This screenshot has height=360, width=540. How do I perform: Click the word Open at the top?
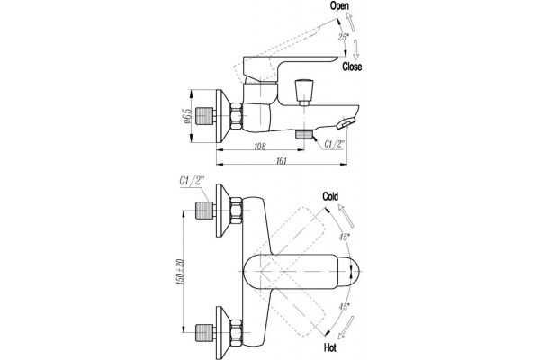[339, 6]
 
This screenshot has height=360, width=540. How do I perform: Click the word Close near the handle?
[352, 67]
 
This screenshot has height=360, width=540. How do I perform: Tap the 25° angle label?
[343, 37]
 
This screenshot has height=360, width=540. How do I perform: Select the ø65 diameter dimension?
[187, 116]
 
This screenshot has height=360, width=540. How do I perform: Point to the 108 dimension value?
[260, 147]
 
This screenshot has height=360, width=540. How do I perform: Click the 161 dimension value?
[282, 161]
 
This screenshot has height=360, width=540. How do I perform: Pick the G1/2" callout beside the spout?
[334, 144]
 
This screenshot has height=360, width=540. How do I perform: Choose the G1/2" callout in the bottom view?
[192, 181]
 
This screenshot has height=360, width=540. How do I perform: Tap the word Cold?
[330, 196]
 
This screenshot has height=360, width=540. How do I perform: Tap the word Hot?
[330, 347]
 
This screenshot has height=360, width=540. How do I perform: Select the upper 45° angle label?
[344, 237]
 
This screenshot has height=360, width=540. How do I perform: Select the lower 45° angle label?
[344, 306]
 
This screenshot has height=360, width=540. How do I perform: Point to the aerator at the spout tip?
[346, 123]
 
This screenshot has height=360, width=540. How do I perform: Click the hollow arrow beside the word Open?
[350, 22]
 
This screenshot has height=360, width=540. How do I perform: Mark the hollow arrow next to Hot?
[346, 328]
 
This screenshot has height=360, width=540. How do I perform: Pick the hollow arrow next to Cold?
[346, 215]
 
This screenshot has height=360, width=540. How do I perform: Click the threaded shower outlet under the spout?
[304, 134]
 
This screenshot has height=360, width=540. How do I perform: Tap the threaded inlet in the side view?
[204, 116]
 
